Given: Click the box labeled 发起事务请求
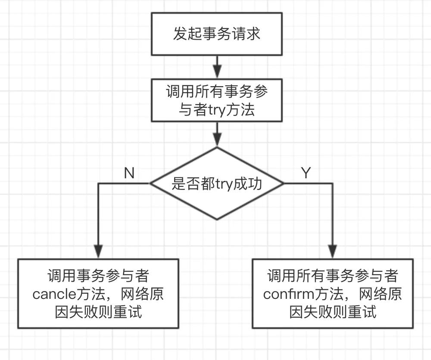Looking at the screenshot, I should (217, 34).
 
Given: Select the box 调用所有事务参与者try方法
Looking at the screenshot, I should (217, 100).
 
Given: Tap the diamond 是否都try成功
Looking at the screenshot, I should (217, 184).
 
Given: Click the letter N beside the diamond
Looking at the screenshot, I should (129, 173).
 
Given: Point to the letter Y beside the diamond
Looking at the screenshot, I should (306, 173).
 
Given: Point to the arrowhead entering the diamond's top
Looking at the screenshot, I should (217, 140).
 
